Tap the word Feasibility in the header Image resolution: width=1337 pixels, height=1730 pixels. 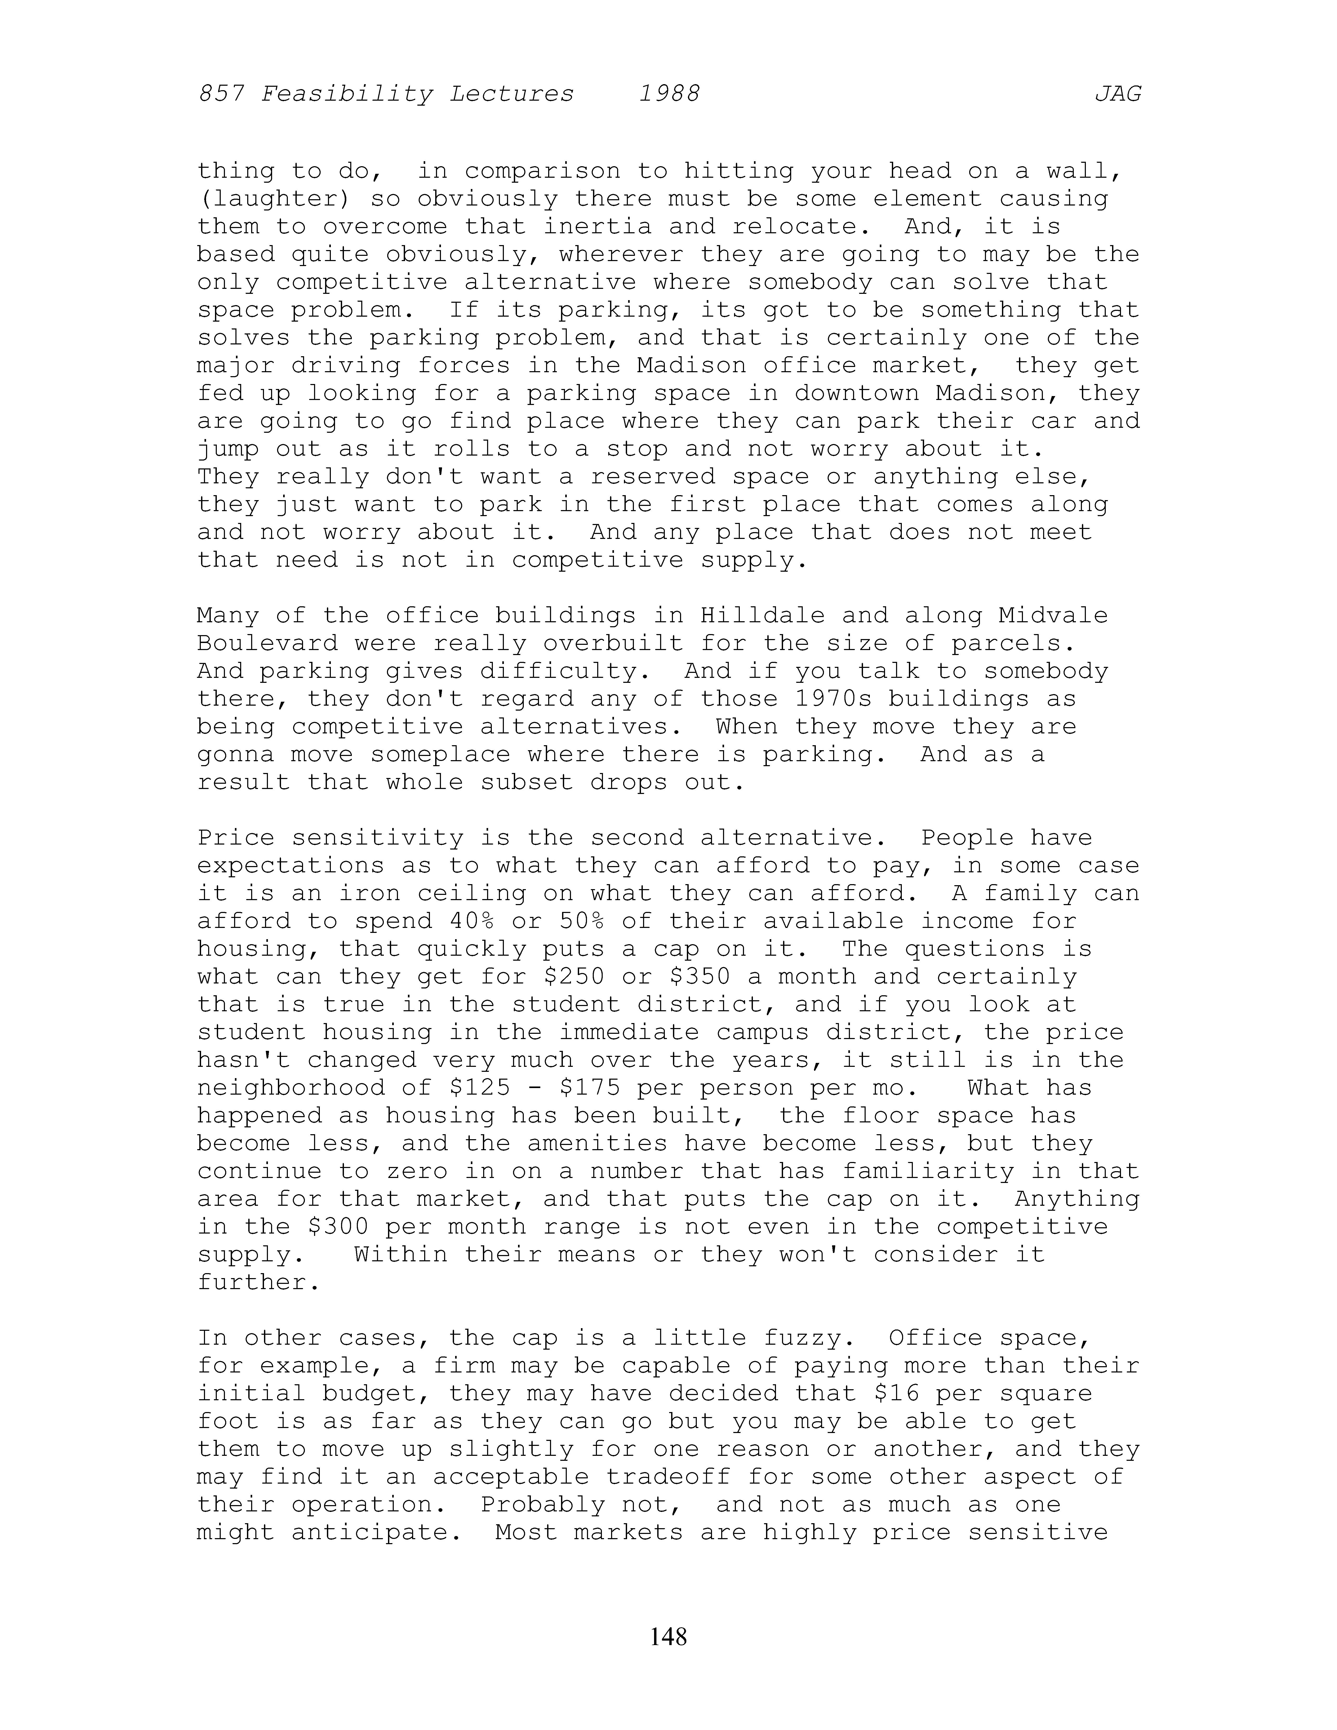[347, 94]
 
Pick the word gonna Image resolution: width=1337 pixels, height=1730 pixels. [236, 754]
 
